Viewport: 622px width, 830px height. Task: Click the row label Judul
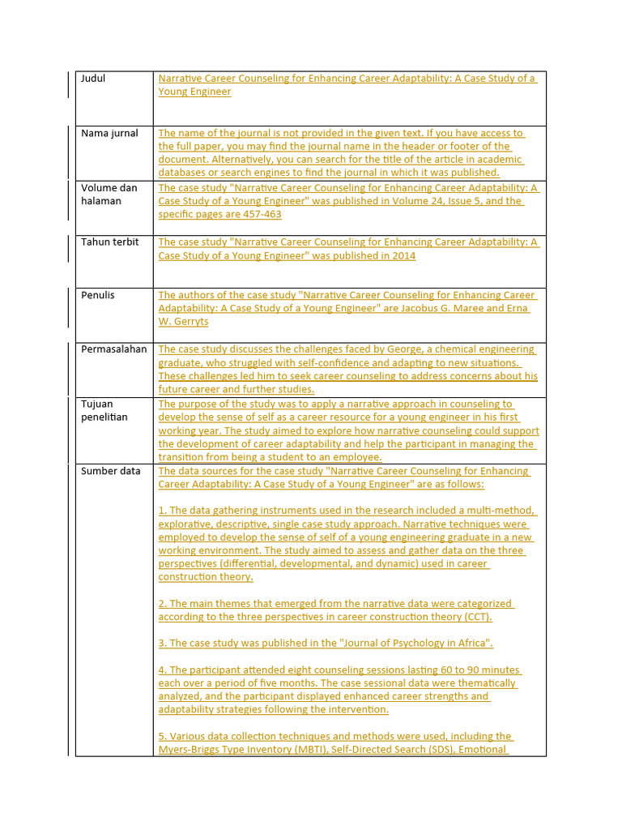coord(93,79)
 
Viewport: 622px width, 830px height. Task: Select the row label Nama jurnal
coord(109,133)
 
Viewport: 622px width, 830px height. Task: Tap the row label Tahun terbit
coord(109,242)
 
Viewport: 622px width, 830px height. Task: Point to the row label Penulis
coord(98,295)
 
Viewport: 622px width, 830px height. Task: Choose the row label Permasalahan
coord(114,349)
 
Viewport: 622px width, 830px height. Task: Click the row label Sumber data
coord(110,471)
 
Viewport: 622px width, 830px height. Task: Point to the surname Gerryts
coord(192,322)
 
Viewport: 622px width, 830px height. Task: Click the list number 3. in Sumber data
coord(163,644)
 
